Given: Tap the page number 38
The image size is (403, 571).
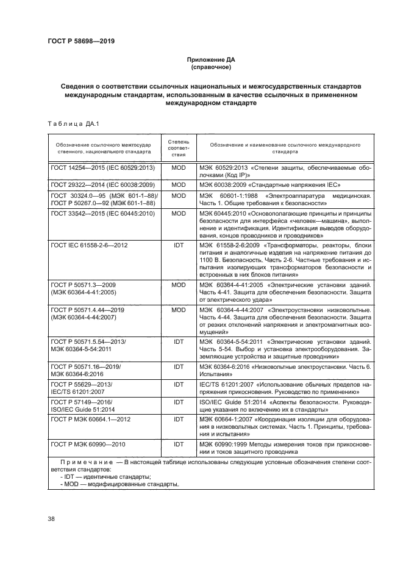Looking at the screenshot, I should [51, 518].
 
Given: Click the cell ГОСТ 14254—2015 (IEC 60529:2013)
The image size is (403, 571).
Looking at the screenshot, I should [103, 167].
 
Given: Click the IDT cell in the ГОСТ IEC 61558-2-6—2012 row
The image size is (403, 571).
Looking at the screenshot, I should [179, 245].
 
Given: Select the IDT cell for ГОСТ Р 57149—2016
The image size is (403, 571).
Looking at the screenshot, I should [179, 402].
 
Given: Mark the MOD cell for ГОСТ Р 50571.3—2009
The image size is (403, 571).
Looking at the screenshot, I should [179, 285].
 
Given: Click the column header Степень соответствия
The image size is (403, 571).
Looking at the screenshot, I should [179, 147].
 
